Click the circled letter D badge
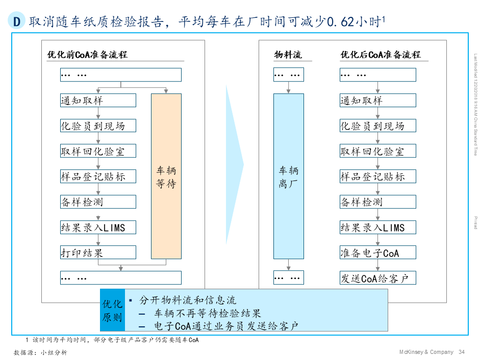[17, 22]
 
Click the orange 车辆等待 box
[166, 176]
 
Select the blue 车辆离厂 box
[288, 176]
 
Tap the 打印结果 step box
[98, 252]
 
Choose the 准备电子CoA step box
[377, 252]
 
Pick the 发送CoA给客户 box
[377, 278]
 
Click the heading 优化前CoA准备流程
[87, 55]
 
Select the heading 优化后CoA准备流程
[381, 55]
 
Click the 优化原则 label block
[112, 311]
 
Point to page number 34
[462, 352]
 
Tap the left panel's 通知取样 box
[98, 100]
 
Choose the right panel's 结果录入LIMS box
[377, 227]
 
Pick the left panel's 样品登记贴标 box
[98, 176]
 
